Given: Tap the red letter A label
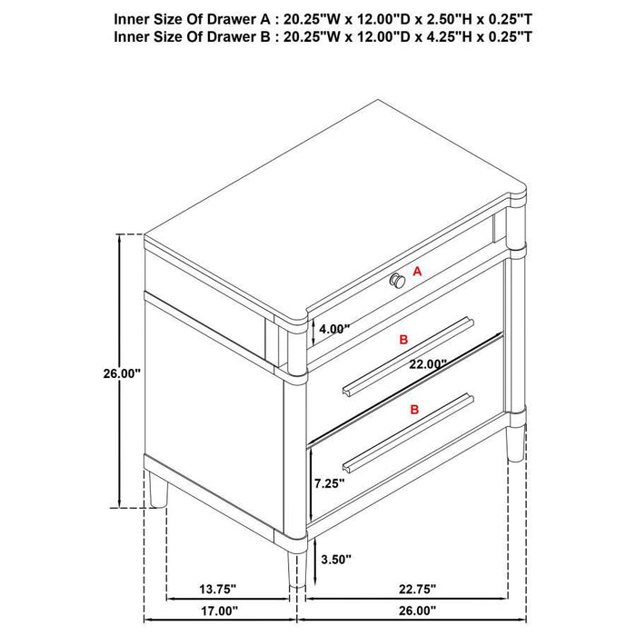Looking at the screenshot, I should pos(418,271).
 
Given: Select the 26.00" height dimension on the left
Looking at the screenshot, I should pos(121,372).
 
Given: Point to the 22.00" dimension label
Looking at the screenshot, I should pos(428,363).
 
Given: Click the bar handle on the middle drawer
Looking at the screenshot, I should pos(407,355).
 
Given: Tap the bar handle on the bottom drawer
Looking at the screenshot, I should pos(407,433).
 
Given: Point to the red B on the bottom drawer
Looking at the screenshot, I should pos(414,411).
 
